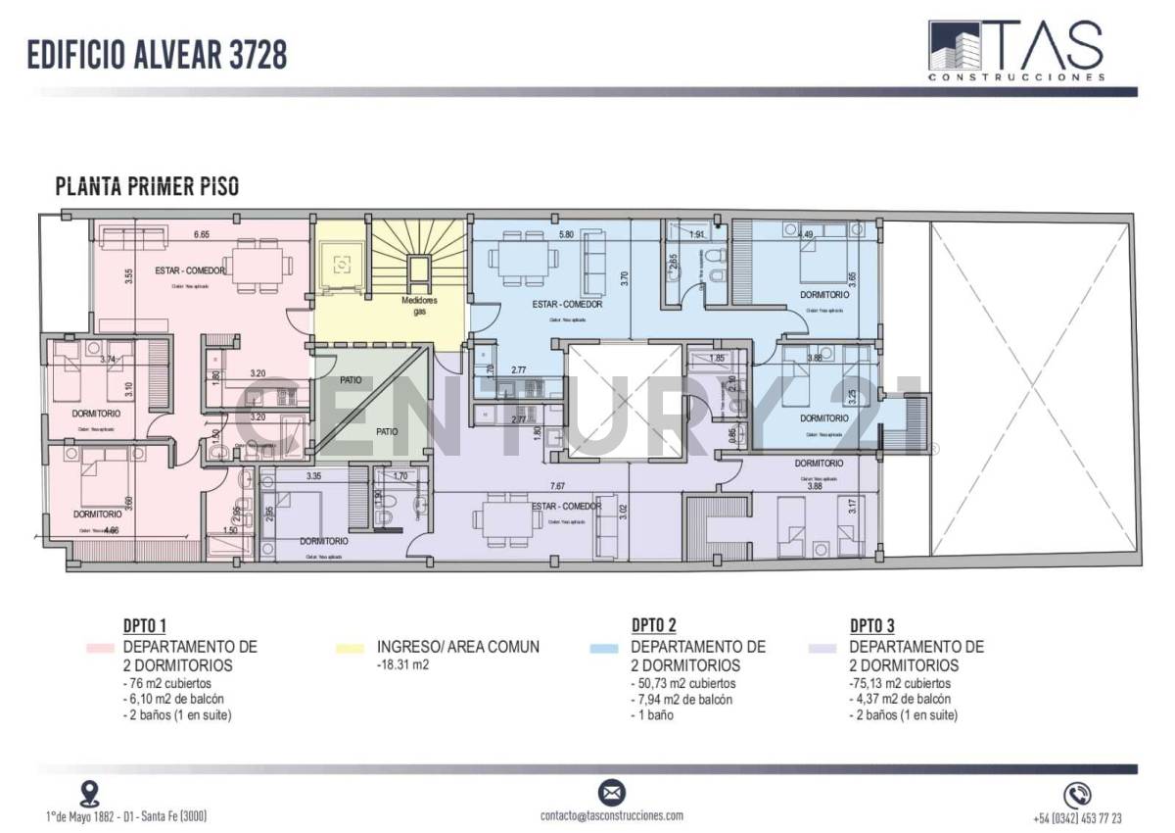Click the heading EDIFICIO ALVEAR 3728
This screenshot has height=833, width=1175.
158,55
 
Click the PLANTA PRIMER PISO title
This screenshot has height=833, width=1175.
148,186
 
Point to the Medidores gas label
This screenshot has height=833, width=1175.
419,305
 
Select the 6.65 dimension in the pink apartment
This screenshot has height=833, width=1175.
202,234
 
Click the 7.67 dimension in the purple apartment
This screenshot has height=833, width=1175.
557,486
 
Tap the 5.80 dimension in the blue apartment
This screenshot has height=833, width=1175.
566,234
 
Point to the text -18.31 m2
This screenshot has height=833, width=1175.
402,664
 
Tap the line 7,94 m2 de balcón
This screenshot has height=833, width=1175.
681,700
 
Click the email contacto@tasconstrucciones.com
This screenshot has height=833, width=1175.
612,815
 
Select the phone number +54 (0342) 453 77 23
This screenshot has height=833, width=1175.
1077,818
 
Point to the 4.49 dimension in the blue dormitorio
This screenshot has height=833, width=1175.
806,234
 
